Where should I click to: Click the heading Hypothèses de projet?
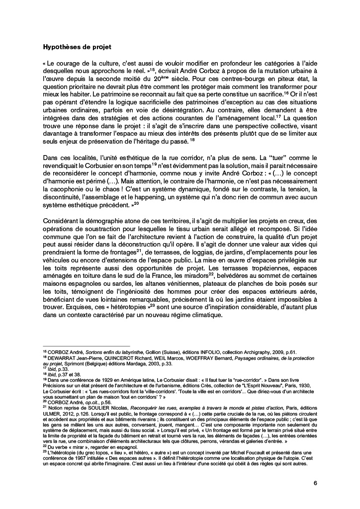point(77,48)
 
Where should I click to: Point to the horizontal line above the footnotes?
point(86,346)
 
